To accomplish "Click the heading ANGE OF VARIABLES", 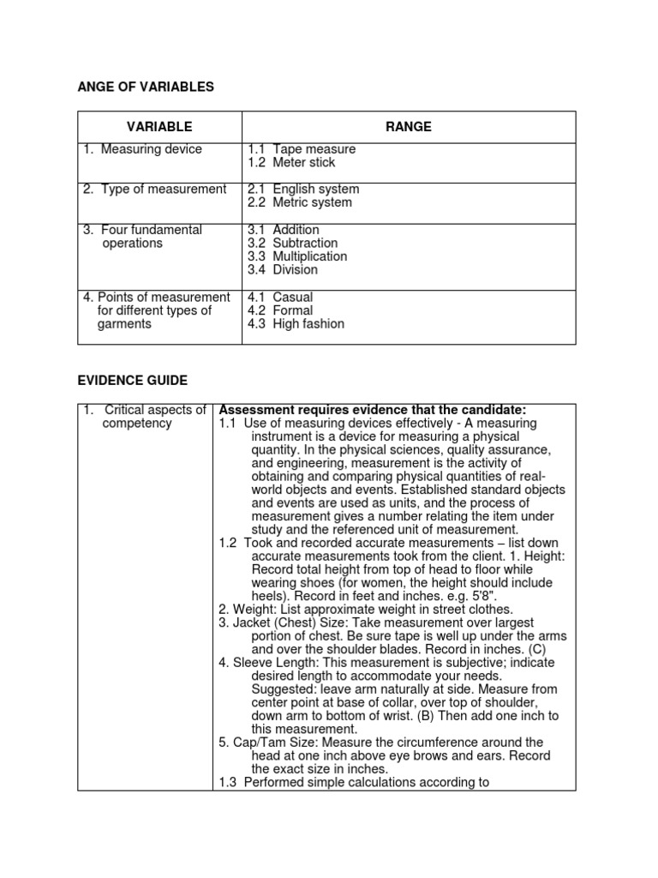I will coord(146,87).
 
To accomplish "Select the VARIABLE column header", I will coord(160,127).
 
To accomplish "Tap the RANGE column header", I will coord(409,127).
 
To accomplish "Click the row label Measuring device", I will coord(143,149).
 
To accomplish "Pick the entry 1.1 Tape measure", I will coord(302,149).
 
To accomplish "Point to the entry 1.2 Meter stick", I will coord(291,162).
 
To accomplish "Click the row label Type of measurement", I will coord(155,189).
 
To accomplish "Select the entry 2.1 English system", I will coord(303,189).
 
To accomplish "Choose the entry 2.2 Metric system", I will coord(300,202).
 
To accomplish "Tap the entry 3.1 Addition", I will coord(284,230).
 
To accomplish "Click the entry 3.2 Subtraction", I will coord(292,243).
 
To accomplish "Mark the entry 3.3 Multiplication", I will coord(297,256).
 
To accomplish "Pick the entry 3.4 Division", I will coord(283,269).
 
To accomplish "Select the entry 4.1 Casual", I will coord(280,298).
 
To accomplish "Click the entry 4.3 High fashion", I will coord(296,324).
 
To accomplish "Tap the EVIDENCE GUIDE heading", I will coord(132,380).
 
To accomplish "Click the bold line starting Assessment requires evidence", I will coord(373,409).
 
